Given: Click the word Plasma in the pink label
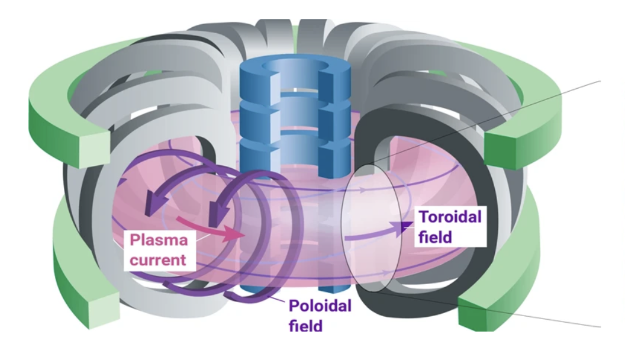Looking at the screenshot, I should tap(159, 241).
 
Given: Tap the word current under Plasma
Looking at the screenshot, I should tap(158, 259).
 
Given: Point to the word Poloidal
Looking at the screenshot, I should tap(320, 306).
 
